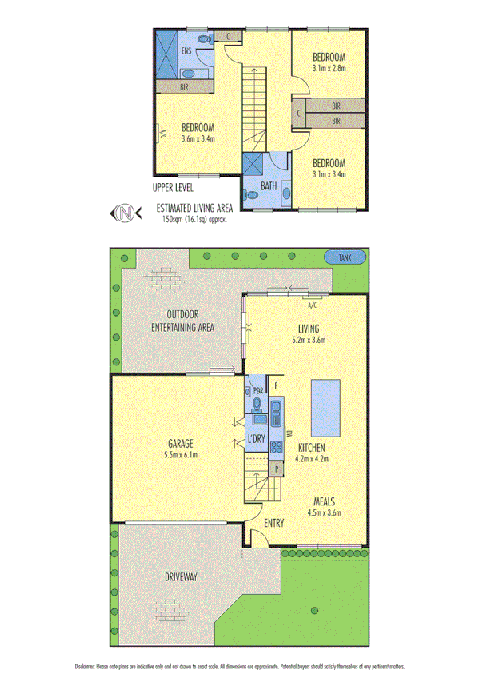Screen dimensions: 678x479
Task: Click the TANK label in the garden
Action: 345,257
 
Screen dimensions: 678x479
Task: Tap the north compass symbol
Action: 124,213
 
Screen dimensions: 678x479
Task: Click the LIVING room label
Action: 309,329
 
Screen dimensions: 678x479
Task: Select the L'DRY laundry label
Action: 257,438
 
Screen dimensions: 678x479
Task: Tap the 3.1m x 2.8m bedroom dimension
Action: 329,68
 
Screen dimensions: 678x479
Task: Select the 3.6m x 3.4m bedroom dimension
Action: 197,138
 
